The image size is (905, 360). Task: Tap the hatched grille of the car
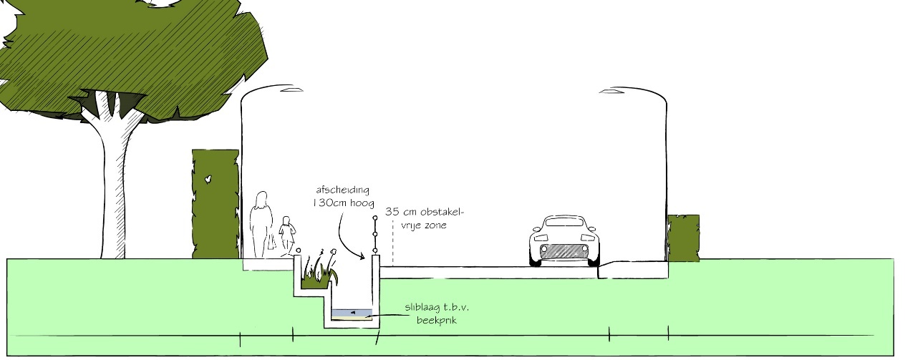(565, 250)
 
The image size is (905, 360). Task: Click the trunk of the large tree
(113, 186)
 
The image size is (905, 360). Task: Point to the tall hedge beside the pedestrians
(215, 203)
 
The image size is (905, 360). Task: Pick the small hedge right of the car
(683, 238)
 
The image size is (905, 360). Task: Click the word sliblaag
(422, 307)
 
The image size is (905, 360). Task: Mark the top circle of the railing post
(374, 216)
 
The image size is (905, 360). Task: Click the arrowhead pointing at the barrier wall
(364, 256)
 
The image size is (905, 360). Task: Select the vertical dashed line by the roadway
(392, 243)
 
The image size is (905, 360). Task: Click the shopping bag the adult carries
(272, 243)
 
